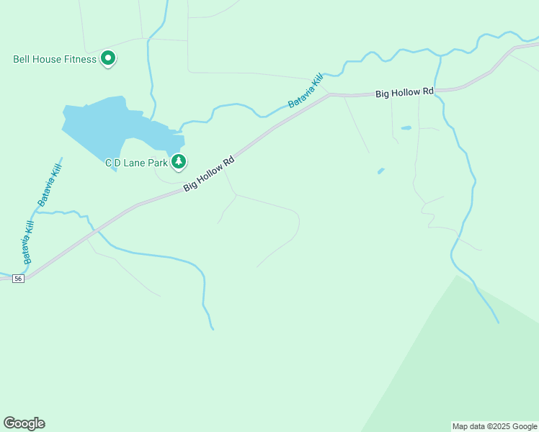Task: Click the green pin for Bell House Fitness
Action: (108, 58)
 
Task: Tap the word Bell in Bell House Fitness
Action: (22, 59)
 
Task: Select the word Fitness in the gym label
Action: (79, 59)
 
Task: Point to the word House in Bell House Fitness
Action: (47, 59)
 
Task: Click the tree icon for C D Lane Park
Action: (179, 162)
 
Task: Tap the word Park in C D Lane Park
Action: (158, 163)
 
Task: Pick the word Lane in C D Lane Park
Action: (135, 163)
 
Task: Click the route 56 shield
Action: (19, 279)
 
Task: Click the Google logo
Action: (24, 423)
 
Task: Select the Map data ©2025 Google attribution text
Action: (494, 426)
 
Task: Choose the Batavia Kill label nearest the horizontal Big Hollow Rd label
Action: (306, 91)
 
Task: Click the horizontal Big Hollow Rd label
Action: (404, 92)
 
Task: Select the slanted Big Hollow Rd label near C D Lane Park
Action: (210, 174)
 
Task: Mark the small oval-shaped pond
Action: (406, 128)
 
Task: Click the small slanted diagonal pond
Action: (380, 171)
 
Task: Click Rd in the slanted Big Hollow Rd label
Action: (230, 162)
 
